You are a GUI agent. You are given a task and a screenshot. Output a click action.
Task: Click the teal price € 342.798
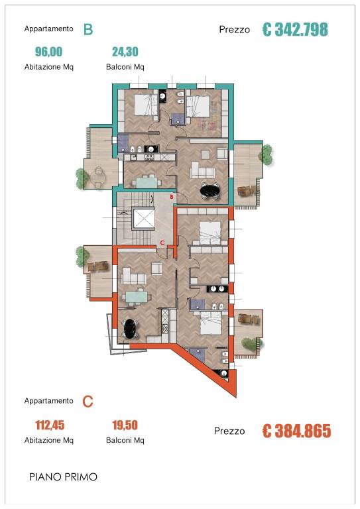(x=295, y=29)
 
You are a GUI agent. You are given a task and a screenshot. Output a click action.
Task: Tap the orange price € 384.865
(x=296, y=431)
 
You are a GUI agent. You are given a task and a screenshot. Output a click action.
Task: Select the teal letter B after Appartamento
(x=88, y=29)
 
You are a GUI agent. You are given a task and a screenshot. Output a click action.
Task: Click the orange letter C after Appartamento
(x=88, y=402)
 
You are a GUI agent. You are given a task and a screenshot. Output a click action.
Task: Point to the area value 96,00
(x=48, y=52)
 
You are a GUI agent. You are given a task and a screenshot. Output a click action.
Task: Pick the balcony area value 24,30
(x=125, y=52)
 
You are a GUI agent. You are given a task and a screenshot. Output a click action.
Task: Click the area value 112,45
(x=50, y=425)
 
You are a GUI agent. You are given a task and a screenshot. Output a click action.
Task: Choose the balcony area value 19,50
(x=125, y=425)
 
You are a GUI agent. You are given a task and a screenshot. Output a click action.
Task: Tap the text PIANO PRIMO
(x=63, y=477)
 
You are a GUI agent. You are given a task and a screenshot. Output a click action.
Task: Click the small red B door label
(x=172, y=197)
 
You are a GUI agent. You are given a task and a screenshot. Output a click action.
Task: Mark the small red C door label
(x=162, y=243)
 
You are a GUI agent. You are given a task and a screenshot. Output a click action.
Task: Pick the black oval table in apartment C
(x=130, y=329)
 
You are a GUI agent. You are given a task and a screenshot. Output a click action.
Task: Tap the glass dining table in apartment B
(x=146, y=182)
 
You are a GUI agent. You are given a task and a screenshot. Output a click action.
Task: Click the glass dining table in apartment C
(x=137, y=296)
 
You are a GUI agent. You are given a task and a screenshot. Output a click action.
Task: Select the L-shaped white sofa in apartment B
(x=202, y=170)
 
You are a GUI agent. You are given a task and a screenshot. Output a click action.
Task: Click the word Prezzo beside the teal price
(x=235, y=30)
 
